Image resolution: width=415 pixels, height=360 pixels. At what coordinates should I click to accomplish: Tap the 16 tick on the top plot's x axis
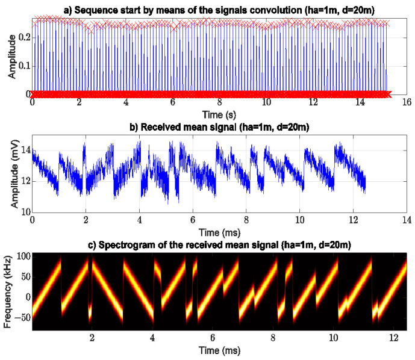click(407, 103)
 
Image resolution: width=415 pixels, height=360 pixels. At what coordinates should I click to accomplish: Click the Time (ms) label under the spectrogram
click(219, 350)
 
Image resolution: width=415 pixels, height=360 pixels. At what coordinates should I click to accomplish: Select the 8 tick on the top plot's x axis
click(220, 103)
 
